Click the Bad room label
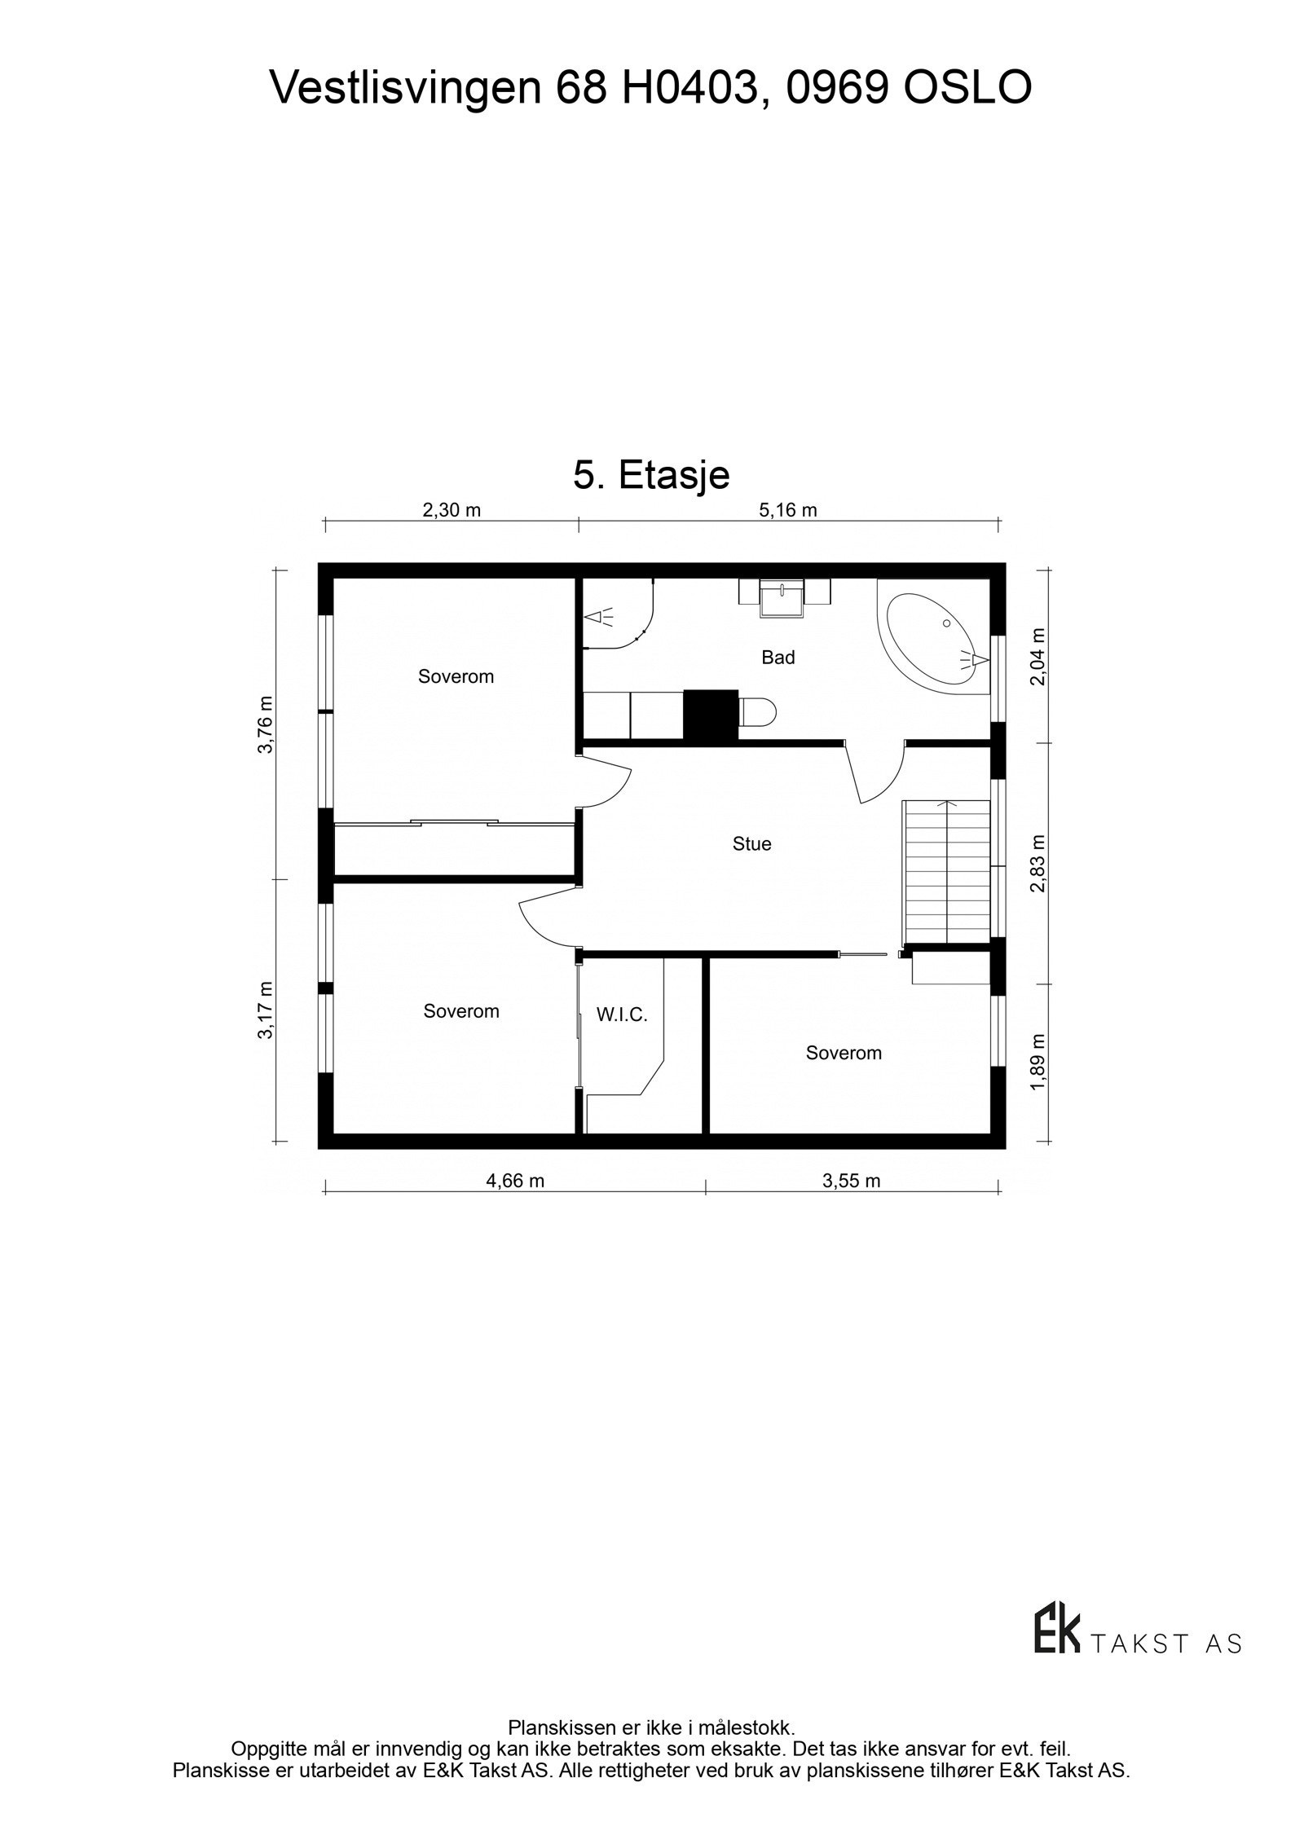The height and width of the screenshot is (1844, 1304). click(778, 658)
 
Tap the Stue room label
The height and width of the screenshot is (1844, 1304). click(751, 844)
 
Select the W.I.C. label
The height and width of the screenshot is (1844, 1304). click(622, 1015)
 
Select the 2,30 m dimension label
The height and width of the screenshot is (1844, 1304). click(452, 511)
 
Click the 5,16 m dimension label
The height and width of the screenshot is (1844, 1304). click(787, 511)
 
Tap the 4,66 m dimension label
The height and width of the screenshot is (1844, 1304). click(515, 1181)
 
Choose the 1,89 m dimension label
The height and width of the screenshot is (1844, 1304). click(1037, 1062)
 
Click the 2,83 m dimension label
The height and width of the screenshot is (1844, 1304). click(1037, 863)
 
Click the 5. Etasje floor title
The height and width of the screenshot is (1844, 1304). click(651, 475)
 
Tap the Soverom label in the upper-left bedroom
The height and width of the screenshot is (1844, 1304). click(456, 676)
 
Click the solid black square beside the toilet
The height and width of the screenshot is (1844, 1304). click(710, 715)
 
